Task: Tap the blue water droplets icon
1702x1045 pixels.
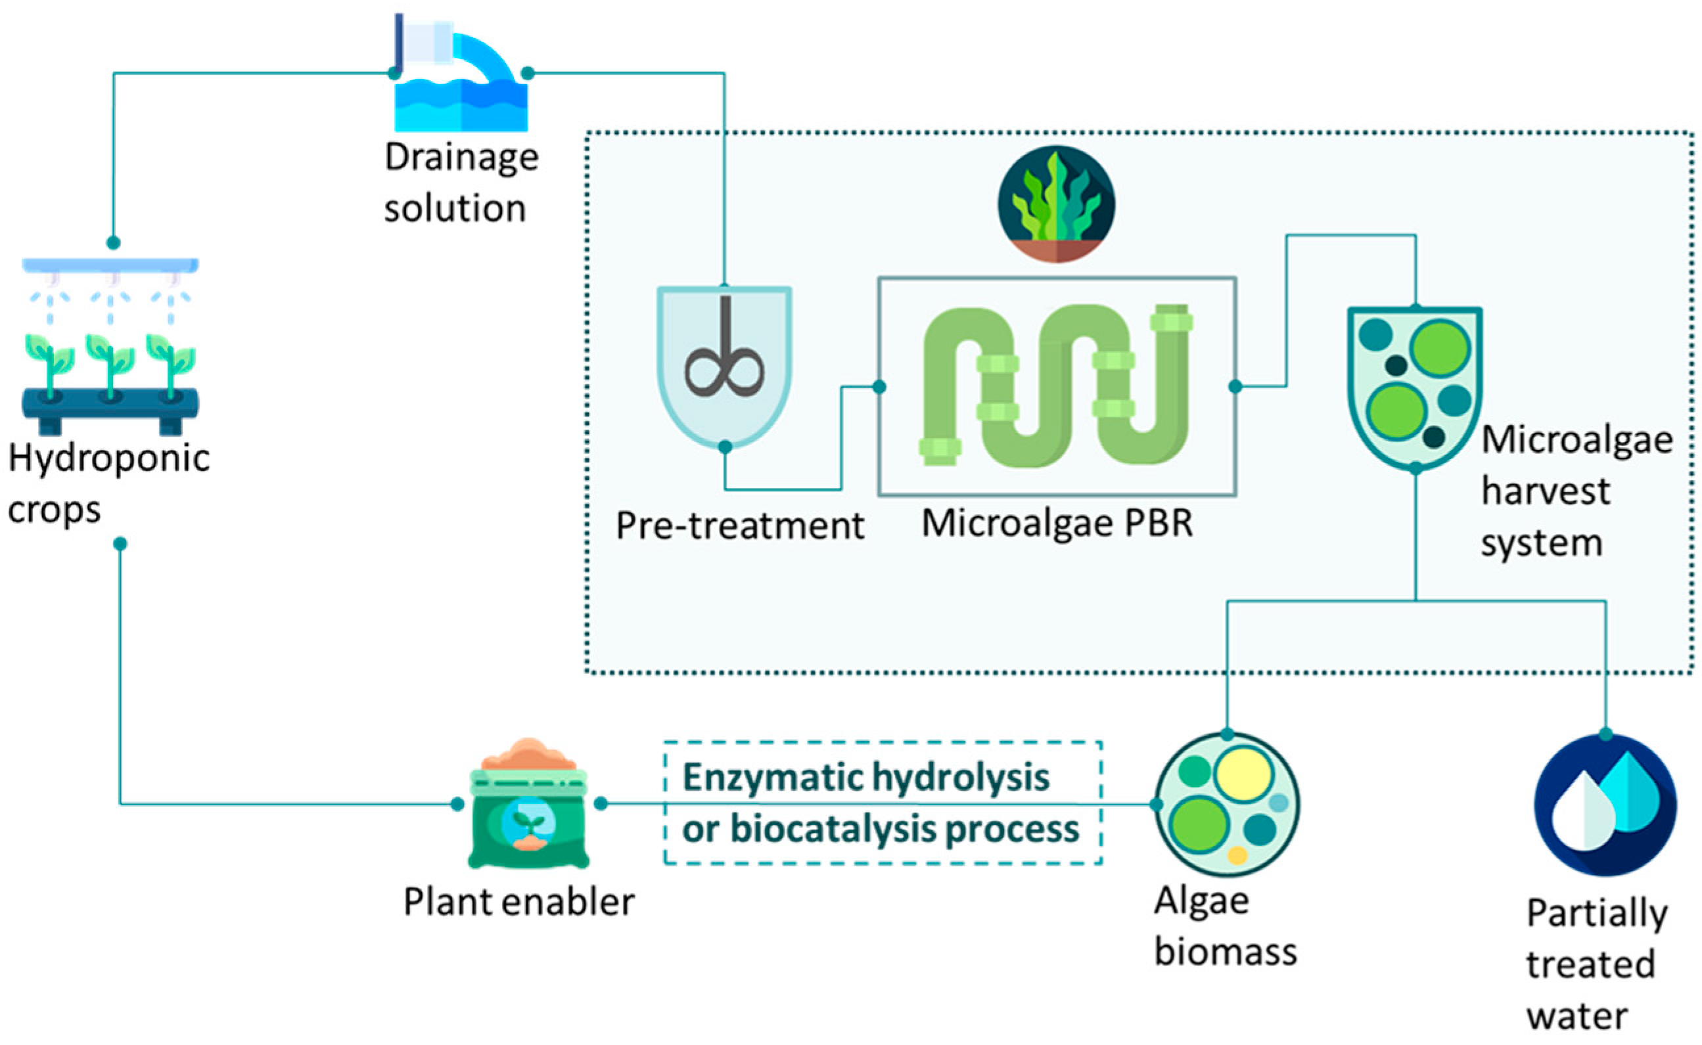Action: (1605, 805)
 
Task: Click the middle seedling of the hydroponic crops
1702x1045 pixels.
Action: (110, 367)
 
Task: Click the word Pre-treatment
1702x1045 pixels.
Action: (739, 527)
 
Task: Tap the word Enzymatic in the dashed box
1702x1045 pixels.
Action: (771, 778)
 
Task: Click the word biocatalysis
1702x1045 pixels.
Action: (833, 829)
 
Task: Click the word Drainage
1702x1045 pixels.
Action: (461, 158)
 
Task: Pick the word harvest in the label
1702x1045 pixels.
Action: (1545, 492)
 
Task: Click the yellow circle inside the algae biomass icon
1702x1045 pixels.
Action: (1244, 775)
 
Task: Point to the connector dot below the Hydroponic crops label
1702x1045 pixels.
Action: (120, 544)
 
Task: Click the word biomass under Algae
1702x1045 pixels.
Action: (1225, 952)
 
